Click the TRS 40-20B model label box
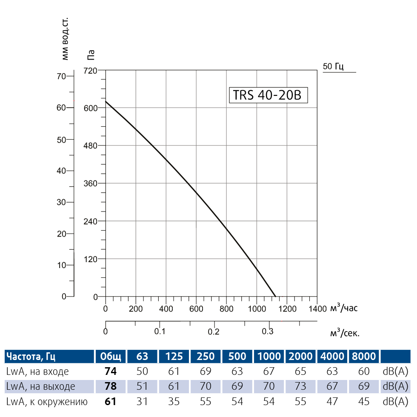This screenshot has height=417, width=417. click(x=267, y=95)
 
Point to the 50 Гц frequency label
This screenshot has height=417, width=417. click(x=333, y=66)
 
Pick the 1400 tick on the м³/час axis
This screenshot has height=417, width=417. click(x=317, y=308)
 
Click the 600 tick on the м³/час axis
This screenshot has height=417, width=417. click(x=196, y=308)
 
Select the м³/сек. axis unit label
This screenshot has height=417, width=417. click(x=345, y=333)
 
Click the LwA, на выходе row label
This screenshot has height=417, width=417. click(x=41, y=386)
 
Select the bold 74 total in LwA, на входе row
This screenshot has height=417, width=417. click(x=111, y=371)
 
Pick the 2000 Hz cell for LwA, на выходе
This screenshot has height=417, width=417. click(x=300, y=386)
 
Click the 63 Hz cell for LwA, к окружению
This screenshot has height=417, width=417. click(x=142, y=401)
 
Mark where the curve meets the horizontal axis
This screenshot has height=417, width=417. click(x=275, y=297)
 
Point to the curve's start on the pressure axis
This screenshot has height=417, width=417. click(x=106, y=101)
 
